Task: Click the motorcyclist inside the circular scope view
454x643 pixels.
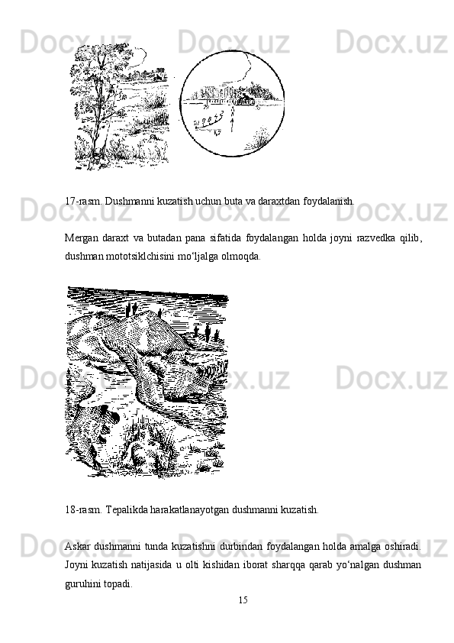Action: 246,99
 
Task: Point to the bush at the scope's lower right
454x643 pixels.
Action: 257,138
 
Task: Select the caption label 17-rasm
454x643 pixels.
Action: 84,202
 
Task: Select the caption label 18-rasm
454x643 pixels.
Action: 84,510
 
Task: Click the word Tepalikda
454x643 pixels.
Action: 127,510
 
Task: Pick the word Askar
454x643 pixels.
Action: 77,547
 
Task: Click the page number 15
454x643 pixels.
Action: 243,600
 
